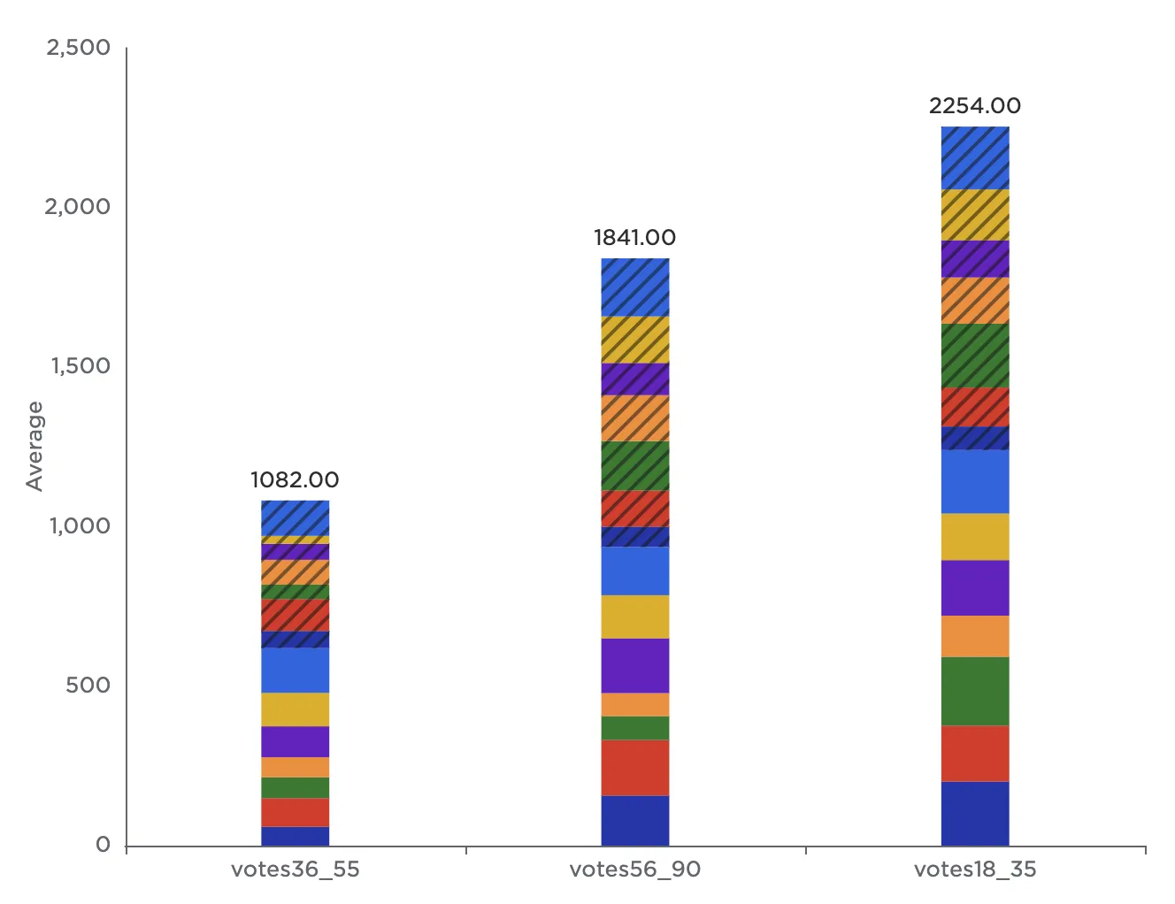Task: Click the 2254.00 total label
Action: pos(974,106)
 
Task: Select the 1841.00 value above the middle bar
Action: pos(634,238)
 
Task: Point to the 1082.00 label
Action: pos(295,480)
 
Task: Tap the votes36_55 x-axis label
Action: pos(295,870)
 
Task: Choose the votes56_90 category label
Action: pos(634,870)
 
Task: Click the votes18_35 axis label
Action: pos(974,870)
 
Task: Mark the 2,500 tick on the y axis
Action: pos(78,48)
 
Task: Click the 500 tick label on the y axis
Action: pos(88,686)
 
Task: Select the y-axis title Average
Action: pos(35,446)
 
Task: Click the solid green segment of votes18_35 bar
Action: pos(974,691)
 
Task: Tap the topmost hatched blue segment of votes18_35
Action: pos(974,157)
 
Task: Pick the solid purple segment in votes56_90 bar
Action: pos(634,665)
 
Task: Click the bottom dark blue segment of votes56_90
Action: pos(634,820)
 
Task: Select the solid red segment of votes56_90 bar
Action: pos(634,767)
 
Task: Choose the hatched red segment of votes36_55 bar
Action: pos(295,615)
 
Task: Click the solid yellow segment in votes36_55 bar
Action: pos(295,709)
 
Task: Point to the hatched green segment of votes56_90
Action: pos(634,465)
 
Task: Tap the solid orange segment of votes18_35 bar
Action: pos(974,636)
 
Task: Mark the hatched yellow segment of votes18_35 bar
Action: pos(974,215)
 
